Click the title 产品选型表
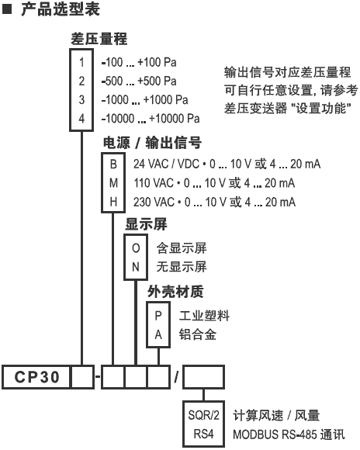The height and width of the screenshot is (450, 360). tap(61, 9)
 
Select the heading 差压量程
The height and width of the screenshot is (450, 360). tap(99, 39)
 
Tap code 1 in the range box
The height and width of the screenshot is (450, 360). tap(81, 62)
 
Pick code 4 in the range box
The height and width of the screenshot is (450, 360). tap(81, 119)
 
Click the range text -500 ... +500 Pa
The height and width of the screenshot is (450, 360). tap(139, 81)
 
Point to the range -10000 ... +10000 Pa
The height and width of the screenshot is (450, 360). tap(151, 119)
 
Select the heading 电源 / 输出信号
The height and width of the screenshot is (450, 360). tap(152, 143)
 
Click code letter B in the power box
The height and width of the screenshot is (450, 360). tap(113, 164)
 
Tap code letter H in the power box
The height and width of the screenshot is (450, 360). tap(113, 202)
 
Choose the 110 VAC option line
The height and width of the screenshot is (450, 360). tap(214, 183)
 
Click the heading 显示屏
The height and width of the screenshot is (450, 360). tap(146, 224)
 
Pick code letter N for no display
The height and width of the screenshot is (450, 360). tap(136, 267)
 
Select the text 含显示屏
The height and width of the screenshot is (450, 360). tap(182, 248)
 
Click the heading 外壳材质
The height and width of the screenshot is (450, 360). tap(175, 292)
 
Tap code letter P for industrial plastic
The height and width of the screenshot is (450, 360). tap(158, 316)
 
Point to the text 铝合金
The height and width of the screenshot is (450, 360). tap(198, 334)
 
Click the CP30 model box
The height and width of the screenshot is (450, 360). tap(36, 377)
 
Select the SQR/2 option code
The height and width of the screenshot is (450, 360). tap(203, 415)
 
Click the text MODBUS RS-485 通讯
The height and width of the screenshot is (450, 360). tap(289, 434)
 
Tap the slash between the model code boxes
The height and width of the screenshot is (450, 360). tap(177, 377)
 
